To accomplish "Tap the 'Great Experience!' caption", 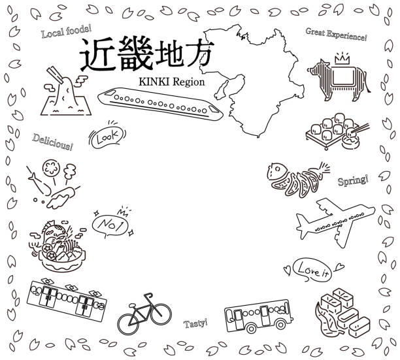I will (x=336, y=35).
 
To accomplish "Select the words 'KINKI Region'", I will (x=172, y=83).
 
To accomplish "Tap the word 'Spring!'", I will (x=352, y=179).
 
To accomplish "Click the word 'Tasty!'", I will (x=195, y=323).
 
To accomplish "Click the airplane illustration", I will (x=333, y=224).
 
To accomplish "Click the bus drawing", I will (x=257, y=316).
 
